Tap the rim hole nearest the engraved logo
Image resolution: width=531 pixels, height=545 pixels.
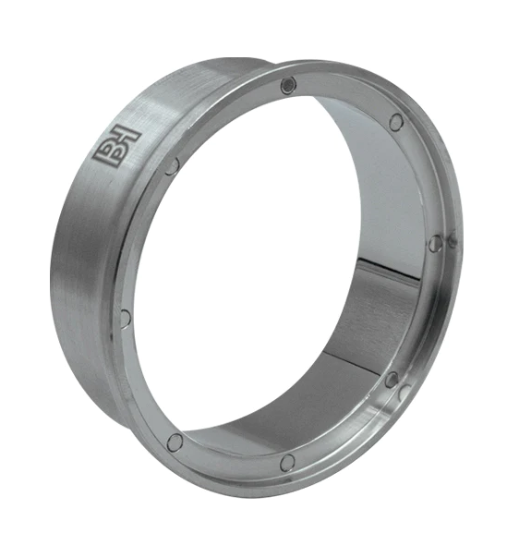(172, 166)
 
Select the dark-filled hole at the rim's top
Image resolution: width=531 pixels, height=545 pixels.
(289, 85)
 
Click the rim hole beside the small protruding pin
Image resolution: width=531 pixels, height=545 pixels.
(435, 243)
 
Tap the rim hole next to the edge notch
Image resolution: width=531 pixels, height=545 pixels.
(392, 380)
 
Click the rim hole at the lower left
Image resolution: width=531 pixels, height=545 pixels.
(175, 443)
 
